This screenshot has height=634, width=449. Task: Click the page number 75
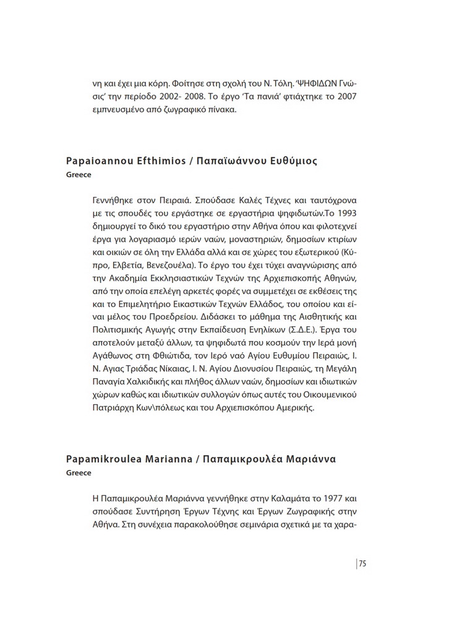363,563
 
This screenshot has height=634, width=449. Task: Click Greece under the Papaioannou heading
79,175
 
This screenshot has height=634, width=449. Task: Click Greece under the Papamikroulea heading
79,473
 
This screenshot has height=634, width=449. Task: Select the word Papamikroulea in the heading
103,459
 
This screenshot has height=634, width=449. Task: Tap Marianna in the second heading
168,459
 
